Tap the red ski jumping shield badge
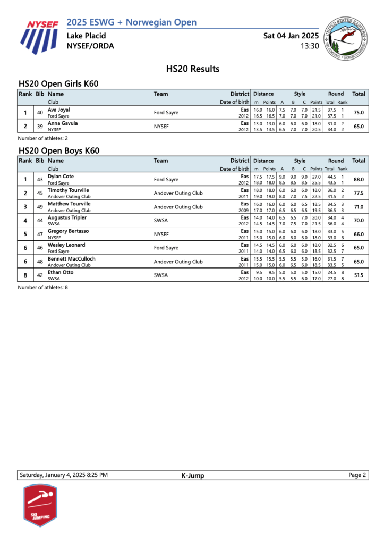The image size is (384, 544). click(x=40, y=505)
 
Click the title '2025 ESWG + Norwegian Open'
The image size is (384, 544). click(x=132, y=22)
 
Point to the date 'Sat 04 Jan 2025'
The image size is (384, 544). click(x=291, y=36)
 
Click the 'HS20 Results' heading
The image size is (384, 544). click(x=193, y=69)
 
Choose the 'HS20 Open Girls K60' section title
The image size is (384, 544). click(x=58, y=84)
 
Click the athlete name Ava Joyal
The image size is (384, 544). click(x=59, y=110)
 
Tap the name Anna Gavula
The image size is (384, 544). click(x=63, y=123)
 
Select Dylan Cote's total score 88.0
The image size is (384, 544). click(x=359, y=180)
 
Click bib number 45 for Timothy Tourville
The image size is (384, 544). click(x=40, y=194)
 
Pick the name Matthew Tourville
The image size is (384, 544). click(x=69, y=204)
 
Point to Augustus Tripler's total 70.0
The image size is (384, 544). click(x=359, y=221)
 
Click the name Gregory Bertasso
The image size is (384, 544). click(x=68, y=231)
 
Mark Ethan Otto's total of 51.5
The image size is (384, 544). click(x=359, y=275)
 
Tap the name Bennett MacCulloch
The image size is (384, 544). click(x=72, y=258)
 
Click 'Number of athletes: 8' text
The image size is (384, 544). click(x=43, y=287)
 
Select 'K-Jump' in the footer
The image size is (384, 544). click(x=192, y=475)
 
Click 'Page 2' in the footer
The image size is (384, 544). click(x=357, y=475)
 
